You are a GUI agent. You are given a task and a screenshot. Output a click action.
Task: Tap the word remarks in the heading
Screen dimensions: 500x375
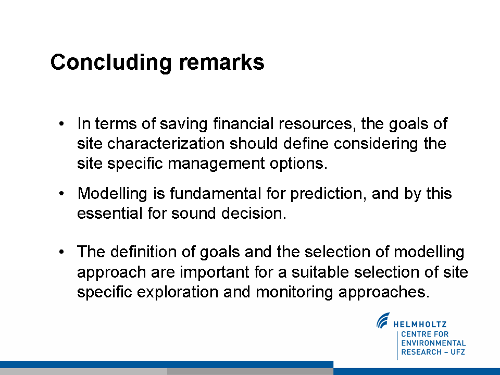tap(222, 62)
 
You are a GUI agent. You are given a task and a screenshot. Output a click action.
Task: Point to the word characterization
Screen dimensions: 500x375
tap(166, 143)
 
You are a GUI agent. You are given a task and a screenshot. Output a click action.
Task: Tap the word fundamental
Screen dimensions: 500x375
tap(216, 193)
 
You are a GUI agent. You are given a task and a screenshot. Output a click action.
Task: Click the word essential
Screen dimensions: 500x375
tap(110, 213)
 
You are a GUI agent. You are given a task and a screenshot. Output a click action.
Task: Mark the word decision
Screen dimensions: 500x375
tap(254, 213)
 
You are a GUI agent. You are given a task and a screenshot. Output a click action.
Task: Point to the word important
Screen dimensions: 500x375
tap(214, 272)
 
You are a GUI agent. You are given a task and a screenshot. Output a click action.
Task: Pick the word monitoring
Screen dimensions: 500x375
tap(294, 292)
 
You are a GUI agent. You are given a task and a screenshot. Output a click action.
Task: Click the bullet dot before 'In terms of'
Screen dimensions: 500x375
tap(62, 124)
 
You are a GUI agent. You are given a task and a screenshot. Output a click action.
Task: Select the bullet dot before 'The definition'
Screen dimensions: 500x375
tap(62, 252)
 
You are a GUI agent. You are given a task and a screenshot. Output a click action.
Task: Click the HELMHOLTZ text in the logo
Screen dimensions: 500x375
tap(420, 324)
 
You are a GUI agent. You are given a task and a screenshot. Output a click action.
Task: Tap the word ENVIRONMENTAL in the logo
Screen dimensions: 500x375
tap(433, 343)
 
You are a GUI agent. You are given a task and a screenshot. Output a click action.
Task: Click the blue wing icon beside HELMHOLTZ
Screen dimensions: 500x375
tap(383, 320)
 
